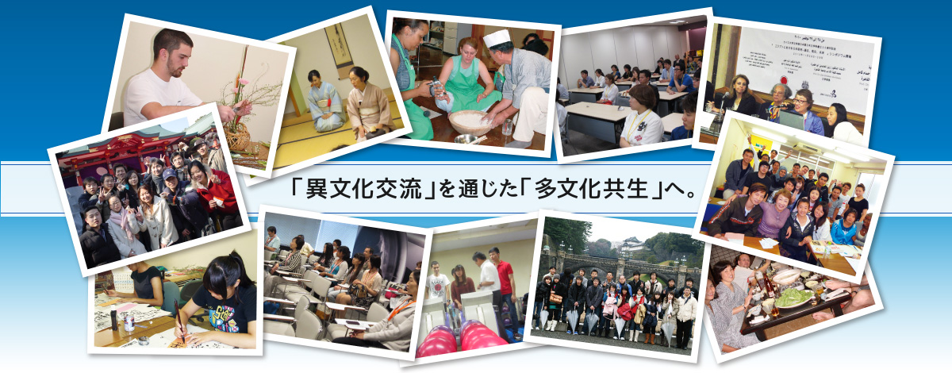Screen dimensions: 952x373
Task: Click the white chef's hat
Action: tap(497, 37)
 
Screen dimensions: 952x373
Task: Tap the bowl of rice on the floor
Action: tap(470, 122)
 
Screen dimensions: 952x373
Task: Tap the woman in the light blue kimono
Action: tap(325, 102)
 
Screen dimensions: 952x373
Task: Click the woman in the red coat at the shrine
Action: tap(216, 191)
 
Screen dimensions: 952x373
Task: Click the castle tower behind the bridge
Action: tap(631, 244)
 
